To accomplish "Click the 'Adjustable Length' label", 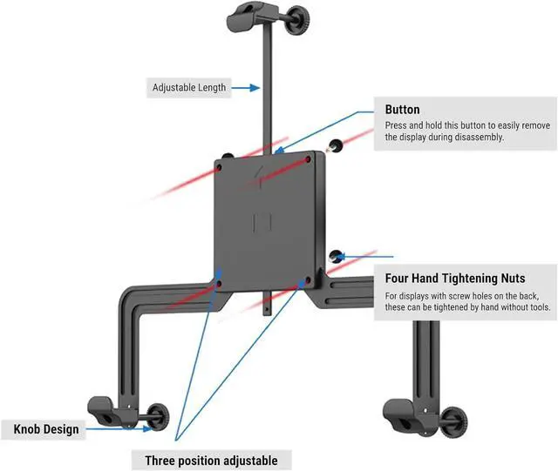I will pyautogui.click(x=189, y=87).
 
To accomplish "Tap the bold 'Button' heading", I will pyautogui.click(x=402, y=111).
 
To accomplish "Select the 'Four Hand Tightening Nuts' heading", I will pyautogui.click(x=454, y=279).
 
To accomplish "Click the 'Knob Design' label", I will pyautogui.click(x=46, y=429).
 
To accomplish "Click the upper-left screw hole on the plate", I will pyautogui.click(x=221, y=161).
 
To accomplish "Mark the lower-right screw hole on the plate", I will pyautogui.click(x=304, y=281).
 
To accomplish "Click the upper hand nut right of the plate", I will pyautogui.click(x=335, y=147).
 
